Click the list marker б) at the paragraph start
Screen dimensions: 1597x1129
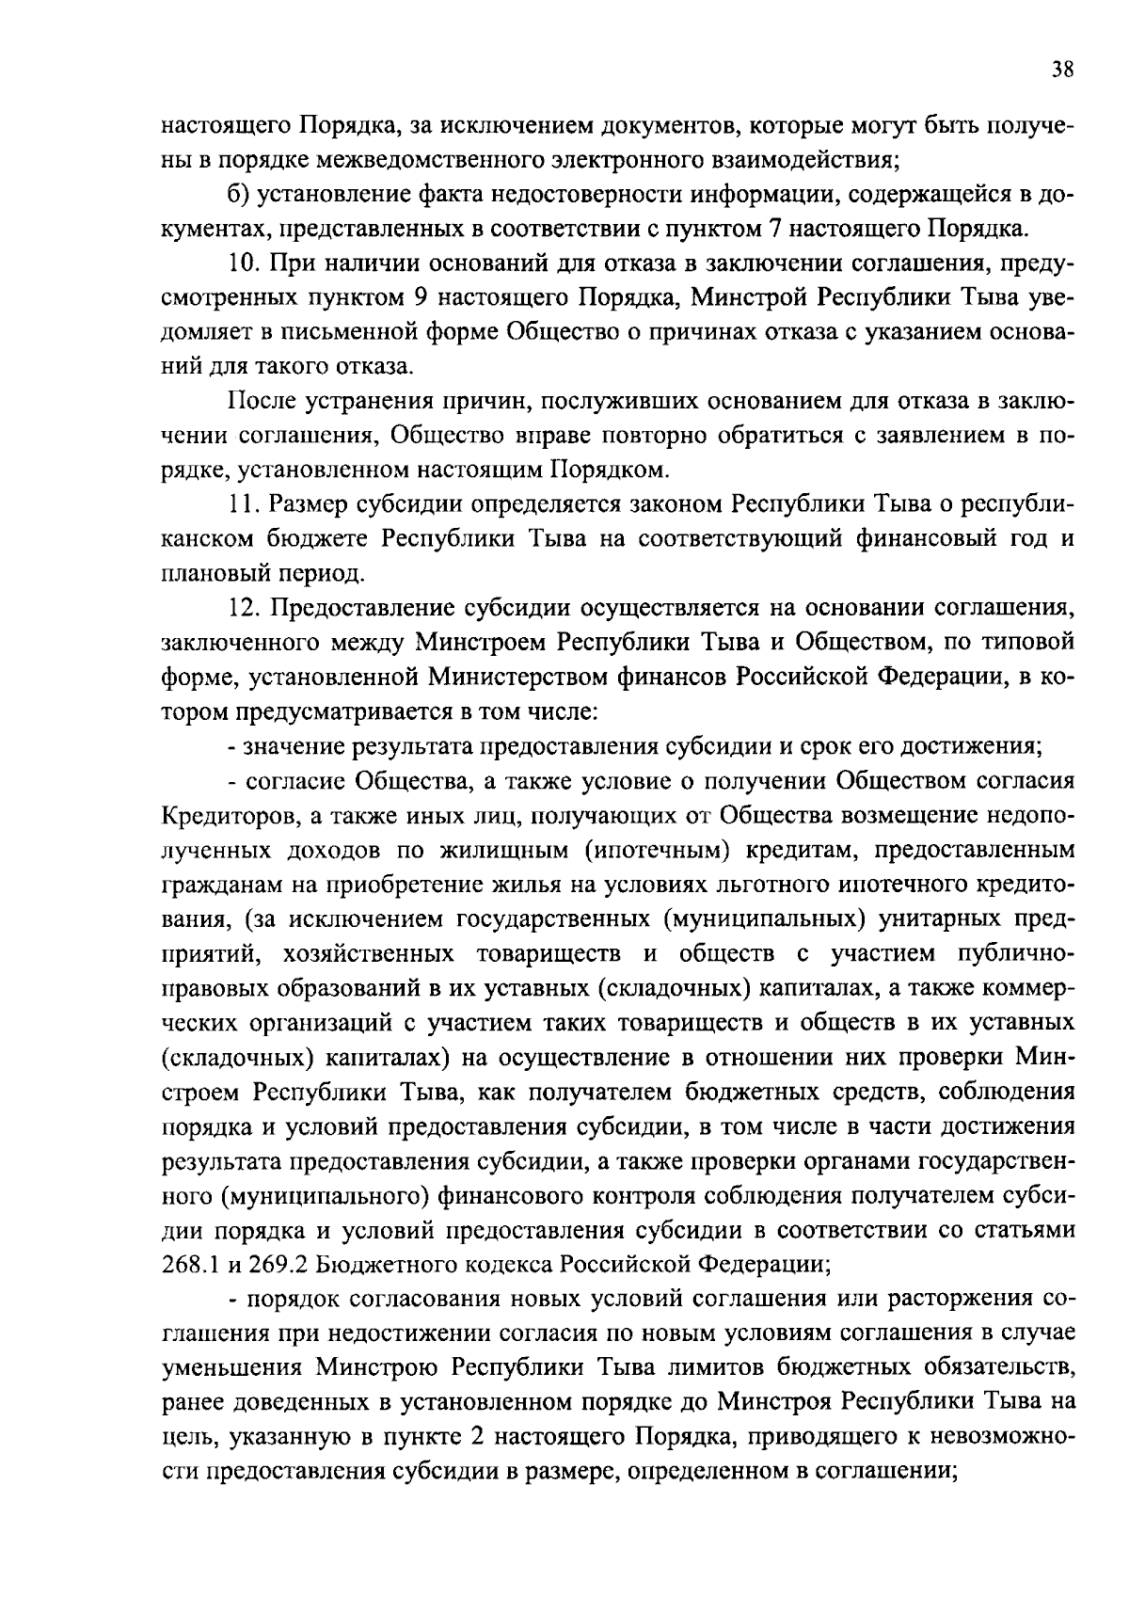237,194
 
